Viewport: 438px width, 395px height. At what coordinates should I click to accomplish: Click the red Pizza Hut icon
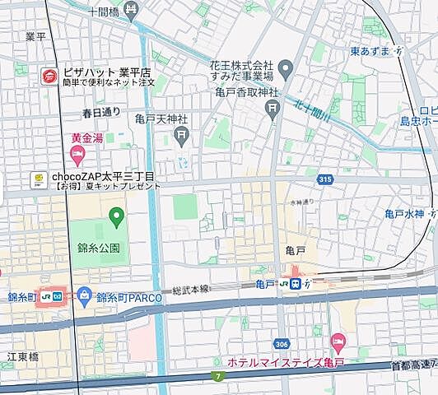49,77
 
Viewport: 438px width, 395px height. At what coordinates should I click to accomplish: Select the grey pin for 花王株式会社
286,67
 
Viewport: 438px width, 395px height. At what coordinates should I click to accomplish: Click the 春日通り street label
100,112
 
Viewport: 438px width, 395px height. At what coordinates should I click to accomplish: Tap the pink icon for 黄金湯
77,154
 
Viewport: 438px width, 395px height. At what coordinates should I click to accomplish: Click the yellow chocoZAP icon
37,178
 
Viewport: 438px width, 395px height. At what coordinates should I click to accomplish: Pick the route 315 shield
324,179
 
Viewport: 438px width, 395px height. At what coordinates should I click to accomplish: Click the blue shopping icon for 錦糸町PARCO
84,295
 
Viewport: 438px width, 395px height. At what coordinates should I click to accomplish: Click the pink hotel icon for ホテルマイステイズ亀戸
337,341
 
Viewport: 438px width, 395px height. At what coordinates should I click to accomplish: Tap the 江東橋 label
24,356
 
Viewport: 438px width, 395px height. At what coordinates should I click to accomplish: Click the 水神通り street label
302,201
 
